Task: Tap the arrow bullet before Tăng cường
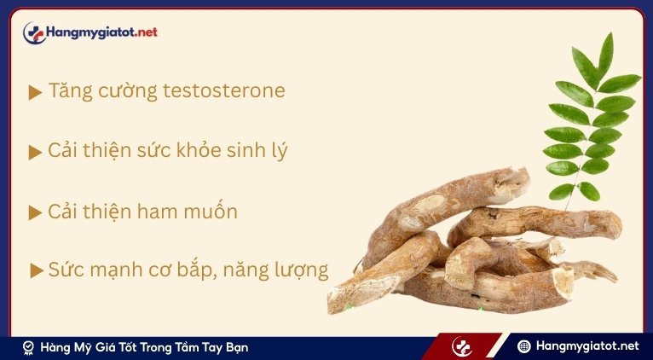tap(35, 92)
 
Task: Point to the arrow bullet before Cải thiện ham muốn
tap(35, 212)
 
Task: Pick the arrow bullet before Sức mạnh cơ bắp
tap(36, 271)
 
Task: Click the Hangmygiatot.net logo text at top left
tap(102, 32)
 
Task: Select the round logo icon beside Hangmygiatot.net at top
tap(33, 33)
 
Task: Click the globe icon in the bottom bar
tap(524, 346)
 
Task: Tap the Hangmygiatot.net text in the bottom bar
tap(587, 346)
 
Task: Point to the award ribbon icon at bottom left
tap(28, 347)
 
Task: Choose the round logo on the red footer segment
tap(462, 346)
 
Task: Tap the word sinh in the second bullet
tap(248, 151)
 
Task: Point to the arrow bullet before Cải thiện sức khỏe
tap(35, 153)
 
